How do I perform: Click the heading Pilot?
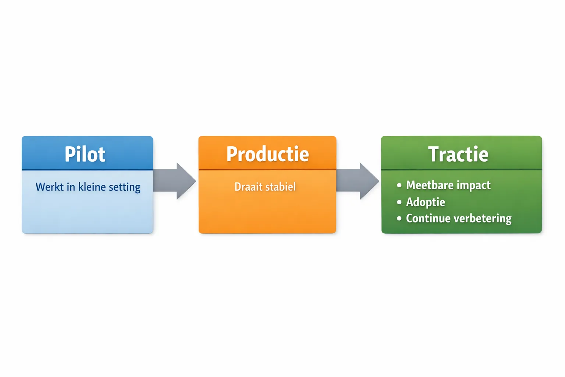(85, 154)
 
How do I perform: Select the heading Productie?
(267, 154)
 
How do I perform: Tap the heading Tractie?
(458, 154)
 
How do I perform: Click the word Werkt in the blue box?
(50, 187)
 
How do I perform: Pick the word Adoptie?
(426, 202)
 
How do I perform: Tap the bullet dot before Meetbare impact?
(399, 185)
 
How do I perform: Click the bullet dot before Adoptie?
(399, 202)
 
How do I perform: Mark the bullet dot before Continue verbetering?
(399, 219)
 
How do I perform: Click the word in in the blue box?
(71, 187)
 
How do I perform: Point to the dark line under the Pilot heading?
(87, 170)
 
